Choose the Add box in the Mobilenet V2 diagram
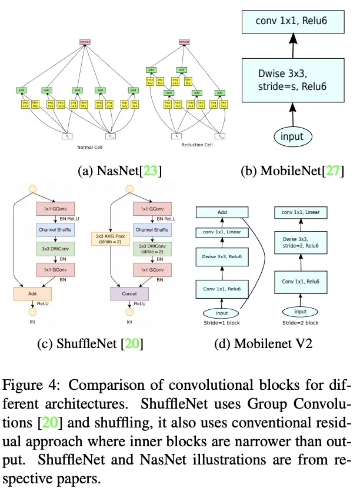[223, 213]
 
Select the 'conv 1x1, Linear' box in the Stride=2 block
[301, 213]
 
